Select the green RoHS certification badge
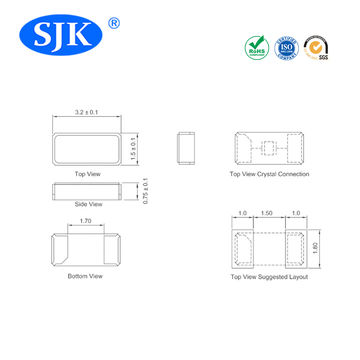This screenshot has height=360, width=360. coord(256,47)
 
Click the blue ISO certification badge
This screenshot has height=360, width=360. coord(286,47)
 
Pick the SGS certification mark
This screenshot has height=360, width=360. coord(317,47)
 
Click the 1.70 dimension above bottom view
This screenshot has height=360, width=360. coord(86,222)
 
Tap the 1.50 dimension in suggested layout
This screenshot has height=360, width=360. coord(267,214)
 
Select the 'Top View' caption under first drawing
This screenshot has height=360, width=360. coord(88,174)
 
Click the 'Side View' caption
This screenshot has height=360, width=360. coord(88,204)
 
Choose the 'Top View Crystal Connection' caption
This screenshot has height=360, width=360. coord(268,174)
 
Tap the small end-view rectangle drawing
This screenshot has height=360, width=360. coord(185,148)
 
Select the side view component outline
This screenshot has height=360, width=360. coord(88,190)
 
